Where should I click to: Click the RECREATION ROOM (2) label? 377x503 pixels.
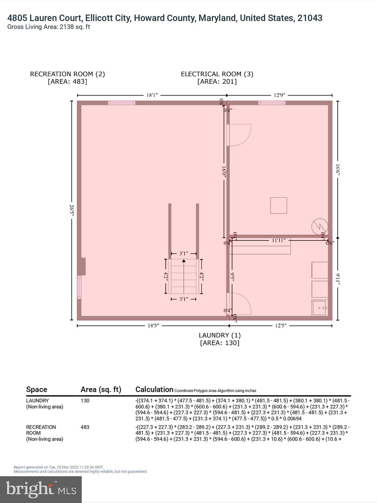[67, 74]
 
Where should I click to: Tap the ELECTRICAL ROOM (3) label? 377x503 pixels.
[217, 74]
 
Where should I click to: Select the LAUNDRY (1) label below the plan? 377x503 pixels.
[220, 335]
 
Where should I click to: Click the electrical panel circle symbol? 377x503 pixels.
[319, 226]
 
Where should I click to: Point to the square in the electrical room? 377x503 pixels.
[278, 205]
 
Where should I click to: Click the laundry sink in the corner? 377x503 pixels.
[319, 308]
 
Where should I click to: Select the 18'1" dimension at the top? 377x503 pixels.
[152, 95]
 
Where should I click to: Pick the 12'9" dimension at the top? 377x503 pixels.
[279, 95]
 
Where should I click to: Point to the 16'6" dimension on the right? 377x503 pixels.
[338, 170]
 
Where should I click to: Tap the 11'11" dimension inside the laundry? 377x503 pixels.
[279, 240]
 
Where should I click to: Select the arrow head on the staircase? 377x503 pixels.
[184, 261]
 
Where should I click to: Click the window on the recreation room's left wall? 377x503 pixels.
[79, 287]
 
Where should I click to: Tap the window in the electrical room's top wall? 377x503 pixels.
[272, 103]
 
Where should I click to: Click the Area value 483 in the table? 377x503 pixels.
[85, 427]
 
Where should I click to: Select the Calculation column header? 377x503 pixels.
[154, 389]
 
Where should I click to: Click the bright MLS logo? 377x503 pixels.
[41, 489]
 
